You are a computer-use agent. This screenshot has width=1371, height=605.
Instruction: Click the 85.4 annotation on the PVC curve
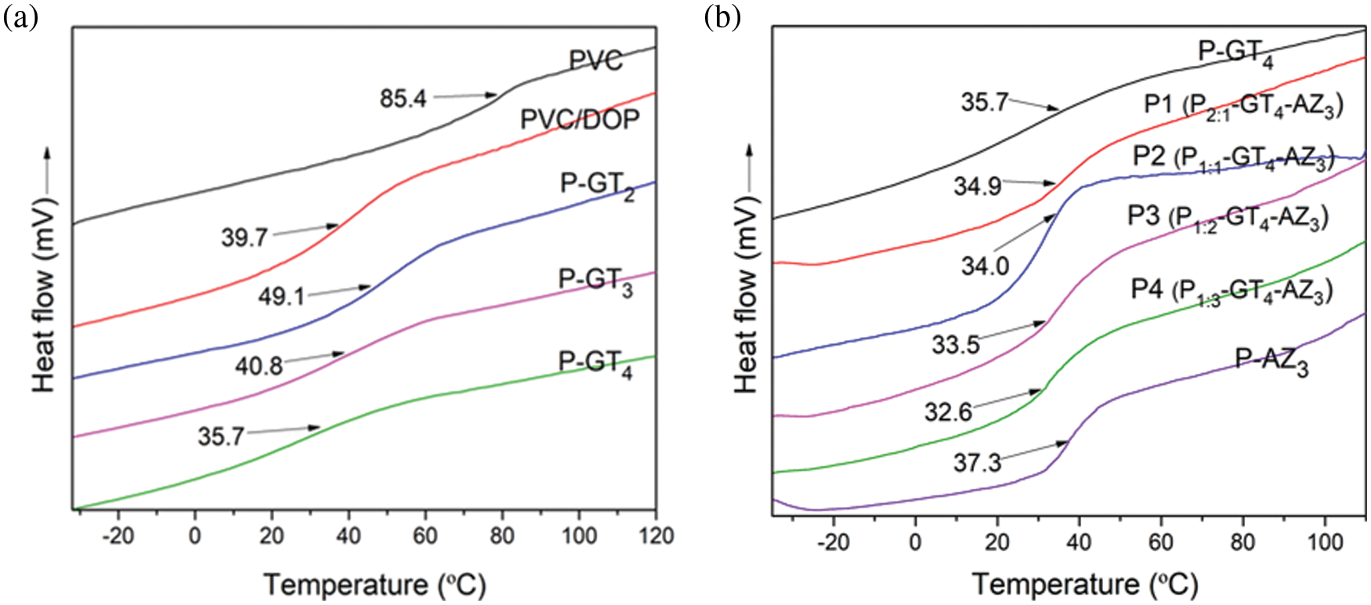[403, 99]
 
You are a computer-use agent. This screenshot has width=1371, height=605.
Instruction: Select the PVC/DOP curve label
[580, 119]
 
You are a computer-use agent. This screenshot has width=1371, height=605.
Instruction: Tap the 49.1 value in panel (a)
[281, 296]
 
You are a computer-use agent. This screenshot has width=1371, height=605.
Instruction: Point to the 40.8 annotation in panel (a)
[259, 364]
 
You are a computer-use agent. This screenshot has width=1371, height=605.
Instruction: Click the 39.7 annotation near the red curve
[244, 237]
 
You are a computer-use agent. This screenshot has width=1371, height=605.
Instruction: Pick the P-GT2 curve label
[597, 186]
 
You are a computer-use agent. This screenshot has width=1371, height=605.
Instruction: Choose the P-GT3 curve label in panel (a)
[595, 281]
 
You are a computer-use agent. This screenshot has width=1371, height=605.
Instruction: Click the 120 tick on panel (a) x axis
[656, 536]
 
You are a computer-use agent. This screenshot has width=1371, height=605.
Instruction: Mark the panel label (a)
[20, 17]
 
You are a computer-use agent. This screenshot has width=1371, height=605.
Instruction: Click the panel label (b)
[722, 17]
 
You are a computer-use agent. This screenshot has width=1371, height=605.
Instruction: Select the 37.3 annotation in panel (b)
[977, 462]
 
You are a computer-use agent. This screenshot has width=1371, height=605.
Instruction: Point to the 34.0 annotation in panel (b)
[985, 266]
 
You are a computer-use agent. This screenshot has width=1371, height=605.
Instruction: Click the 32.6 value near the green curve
[948, 411]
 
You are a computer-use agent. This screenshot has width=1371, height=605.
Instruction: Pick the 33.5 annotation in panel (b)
[956, 343]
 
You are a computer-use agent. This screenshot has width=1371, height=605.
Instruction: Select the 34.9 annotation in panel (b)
[977, 187]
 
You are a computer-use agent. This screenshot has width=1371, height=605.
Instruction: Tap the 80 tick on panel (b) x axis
[1243, 542]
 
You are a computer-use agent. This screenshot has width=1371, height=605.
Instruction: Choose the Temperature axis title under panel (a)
[374, 585]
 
